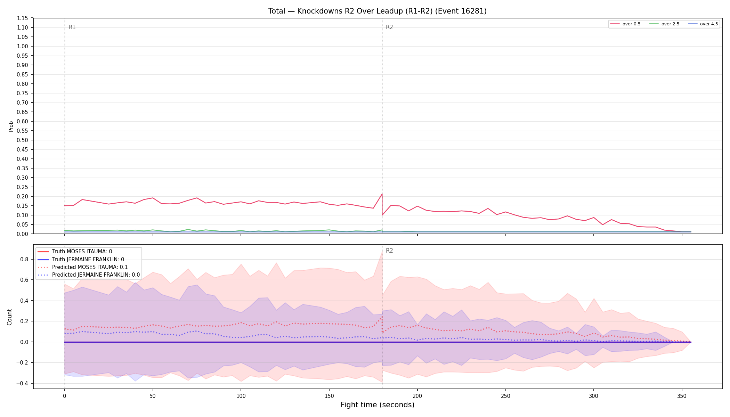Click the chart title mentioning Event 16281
[x=377, y=11]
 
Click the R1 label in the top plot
[x=72, y=27]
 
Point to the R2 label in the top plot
[x=389, y=27]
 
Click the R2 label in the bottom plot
[x=389, y=251]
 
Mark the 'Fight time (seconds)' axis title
[x=378, y=405]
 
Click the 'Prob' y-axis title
[x=11, y=126]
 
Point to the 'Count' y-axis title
[x=9, y=317]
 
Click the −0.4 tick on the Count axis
[x=24, y=383]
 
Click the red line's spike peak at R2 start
[x=382, y=194]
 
